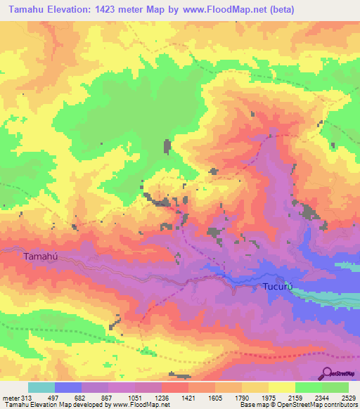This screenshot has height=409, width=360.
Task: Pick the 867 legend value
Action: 108,398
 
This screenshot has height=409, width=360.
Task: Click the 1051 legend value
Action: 134,398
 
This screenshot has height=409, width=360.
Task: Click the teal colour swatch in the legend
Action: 41,387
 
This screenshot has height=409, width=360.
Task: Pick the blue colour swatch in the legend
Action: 68,387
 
